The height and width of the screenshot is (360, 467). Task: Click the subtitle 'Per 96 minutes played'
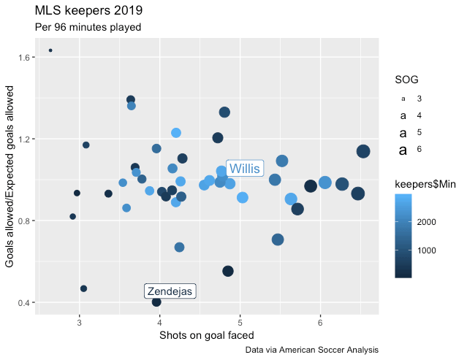coord(88,27)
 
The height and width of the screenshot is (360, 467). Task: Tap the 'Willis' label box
coord(244,169)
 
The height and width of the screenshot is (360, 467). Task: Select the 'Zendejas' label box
coord(170,291)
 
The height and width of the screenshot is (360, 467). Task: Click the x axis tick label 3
coord(79,322)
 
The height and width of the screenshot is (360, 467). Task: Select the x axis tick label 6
coord(320,322)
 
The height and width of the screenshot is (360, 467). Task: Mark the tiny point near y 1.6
coord(50,50)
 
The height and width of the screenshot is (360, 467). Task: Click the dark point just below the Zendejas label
coord(156,302)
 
